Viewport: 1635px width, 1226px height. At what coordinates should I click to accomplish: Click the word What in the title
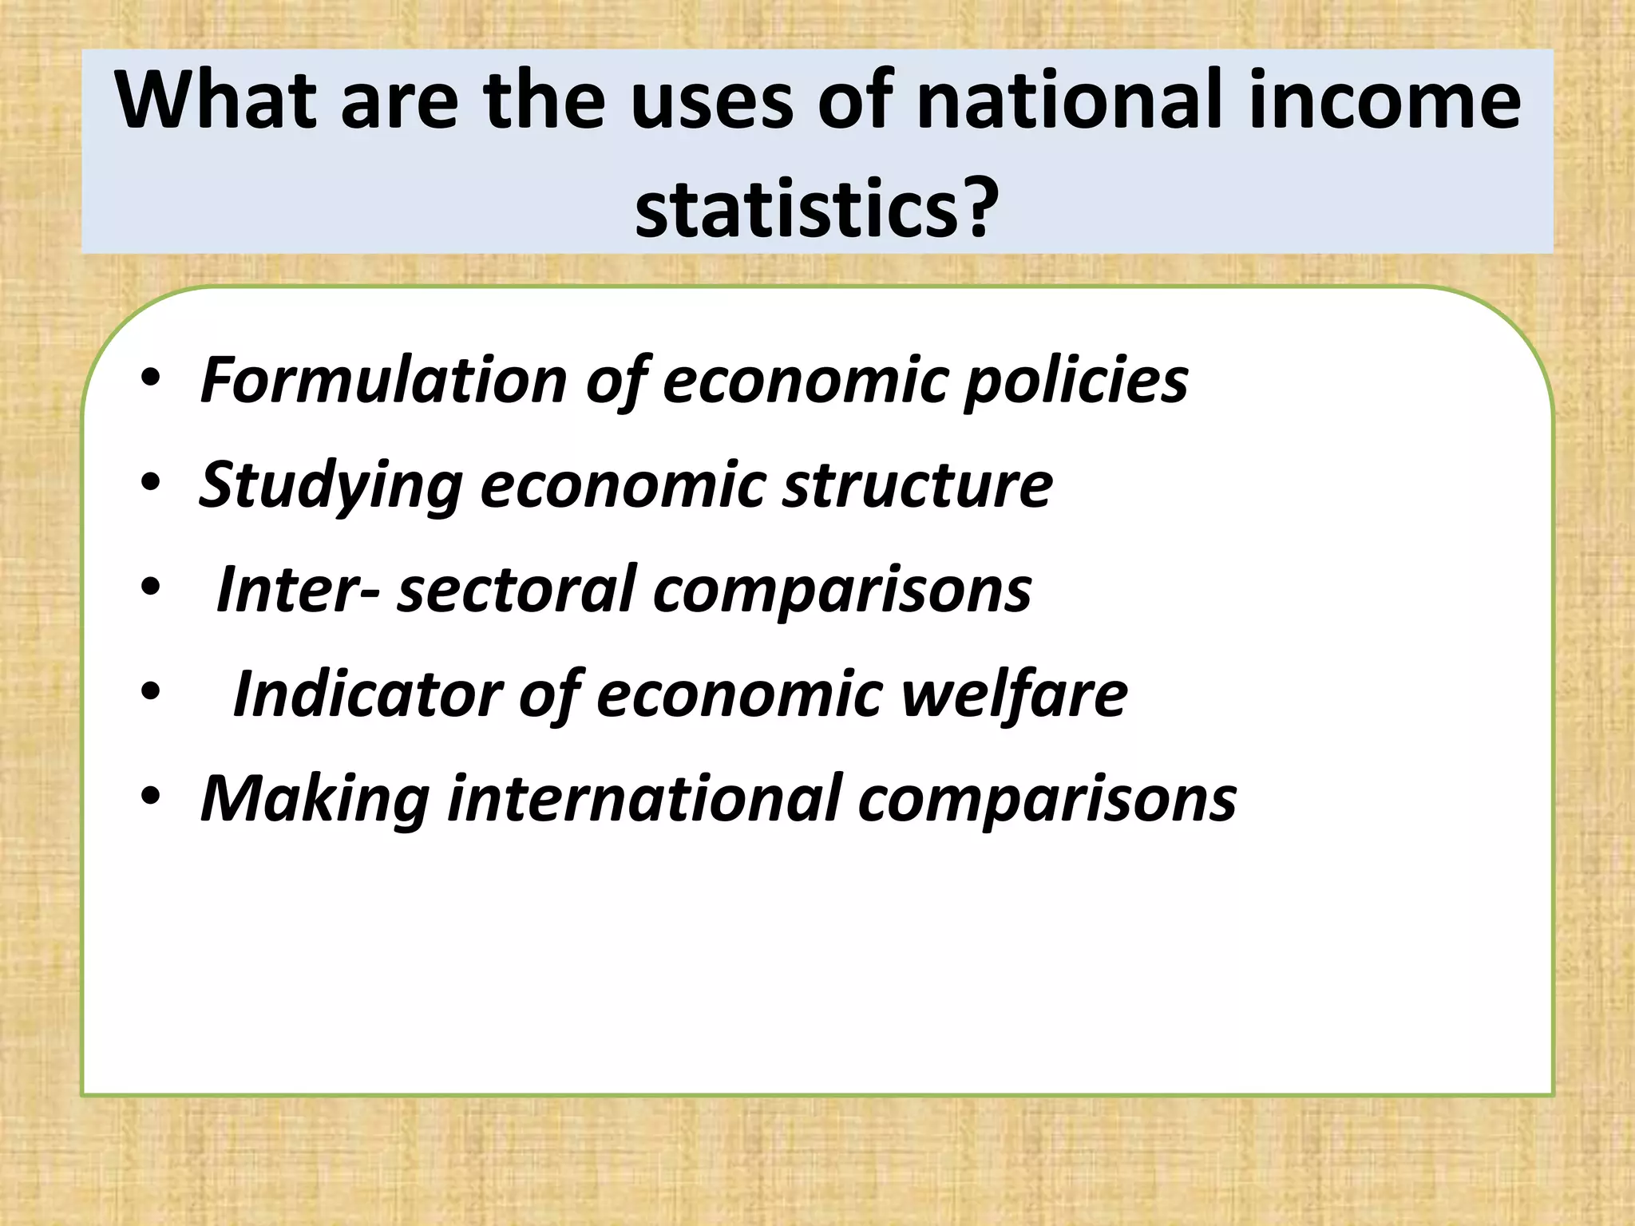(218, 101)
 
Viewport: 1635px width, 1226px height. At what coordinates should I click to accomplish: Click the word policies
(1075, 380)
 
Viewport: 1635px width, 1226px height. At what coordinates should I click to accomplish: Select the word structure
(917, 485)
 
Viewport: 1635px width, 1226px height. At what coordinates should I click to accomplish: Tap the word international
(643, 799)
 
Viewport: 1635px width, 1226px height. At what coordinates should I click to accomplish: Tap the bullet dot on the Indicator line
(151, 693)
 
